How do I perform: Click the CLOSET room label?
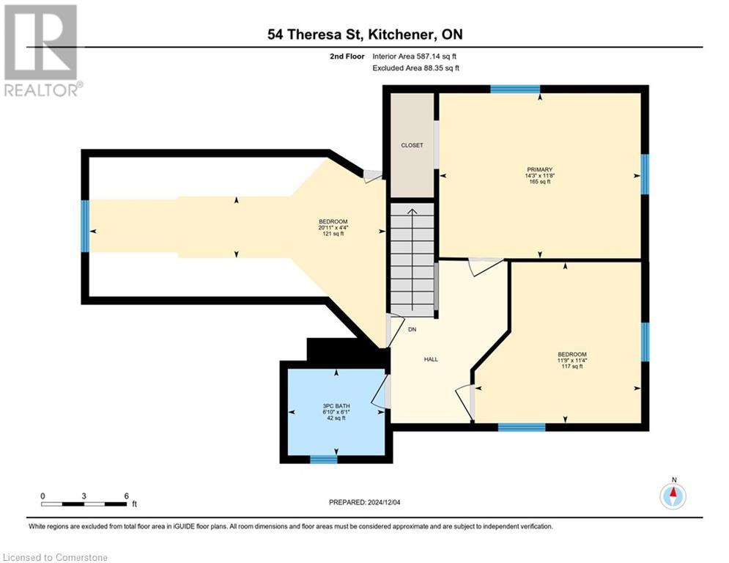tap(412, 145)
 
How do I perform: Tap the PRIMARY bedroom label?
tap(539, 169)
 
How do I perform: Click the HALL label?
tap(431, 359)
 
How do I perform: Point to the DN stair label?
tap(412, 330)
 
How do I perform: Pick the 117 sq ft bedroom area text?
tap(571, 367)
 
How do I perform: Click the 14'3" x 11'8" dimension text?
tap(539, 175)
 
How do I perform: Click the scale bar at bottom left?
tap(84, 504)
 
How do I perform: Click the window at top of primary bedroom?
tap(514, 89)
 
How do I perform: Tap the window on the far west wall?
tap(85, 226)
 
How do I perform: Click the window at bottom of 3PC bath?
tap(323, 460)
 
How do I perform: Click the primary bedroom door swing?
tap(484, 266)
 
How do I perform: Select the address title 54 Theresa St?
tap(364, 34)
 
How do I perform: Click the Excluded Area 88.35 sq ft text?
tap(415, 68)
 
